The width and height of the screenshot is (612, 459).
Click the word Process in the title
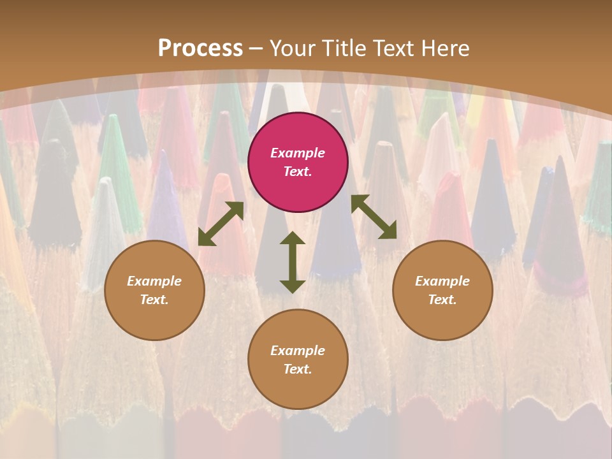[200, 48]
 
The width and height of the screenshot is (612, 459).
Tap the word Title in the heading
[343, 48]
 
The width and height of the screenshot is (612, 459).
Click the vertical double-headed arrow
[293, 262]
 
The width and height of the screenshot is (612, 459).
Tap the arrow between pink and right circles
[374, 217]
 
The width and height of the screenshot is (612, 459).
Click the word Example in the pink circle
[298, 153]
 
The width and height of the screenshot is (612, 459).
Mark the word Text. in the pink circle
[298, 171]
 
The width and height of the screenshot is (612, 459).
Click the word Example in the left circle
[154, 281]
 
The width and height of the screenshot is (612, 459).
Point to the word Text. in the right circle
[442, 300]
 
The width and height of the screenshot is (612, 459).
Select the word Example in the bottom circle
[298, 351]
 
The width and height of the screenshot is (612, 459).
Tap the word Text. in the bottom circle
[298, 369]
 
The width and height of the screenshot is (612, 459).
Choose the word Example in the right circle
[442, 281]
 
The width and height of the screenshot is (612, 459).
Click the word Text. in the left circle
[154, 300]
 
